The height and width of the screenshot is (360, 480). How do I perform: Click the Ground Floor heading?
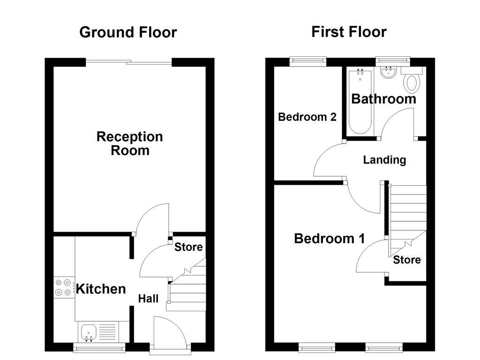128,32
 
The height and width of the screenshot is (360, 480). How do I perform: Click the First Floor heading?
349,32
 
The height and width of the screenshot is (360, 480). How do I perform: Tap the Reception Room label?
129,143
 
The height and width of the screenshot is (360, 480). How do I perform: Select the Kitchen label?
101,289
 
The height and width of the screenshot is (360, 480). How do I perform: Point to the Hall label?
148,299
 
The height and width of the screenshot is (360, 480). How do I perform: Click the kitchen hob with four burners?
64,287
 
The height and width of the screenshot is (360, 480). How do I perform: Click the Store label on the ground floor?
188,247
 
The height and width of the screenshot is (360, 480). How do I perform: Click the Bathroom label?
383,99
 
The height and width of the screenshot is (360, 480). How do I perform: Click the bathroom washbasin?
388,73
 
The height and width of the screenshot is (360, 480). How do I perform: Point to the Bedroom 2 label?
307,117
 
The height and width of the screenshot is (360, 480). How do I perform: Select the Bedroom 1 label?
329,239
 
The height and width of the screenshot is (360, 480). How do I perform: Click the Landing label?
384,160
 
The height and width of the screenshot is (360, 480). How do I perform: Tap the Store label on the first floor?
406,260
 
